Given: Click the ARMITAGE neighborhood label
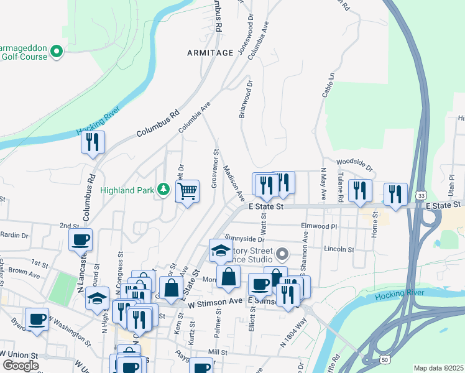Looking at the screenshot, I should [x=209, y=53].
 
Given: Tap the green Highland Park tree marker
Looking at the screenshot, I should [x=163, y=188].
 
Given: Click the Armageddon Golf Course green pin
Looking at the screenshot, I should [x=57, y=51].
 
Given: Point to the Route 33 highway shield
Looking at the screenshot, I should [x=422, y=195].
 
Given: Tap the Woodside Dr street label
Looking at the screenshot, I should [x=354, y=165].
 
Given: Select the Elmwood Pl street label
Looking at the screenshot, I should [x=318, y=227].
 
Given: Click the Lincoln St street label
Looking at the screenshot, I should [x=339, y=249].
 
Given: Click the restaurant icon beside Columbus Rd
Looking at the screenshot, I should [x=93, y=142].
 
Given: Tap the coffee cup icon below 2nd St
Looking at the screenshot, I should [x=81, y=240].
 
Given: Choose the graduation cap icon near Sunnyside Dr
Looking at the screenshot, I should [x=221, y=251].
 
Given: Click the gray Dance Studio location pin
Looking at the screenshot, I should [x=283, y=254].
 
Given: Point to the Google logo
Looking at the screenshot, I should [x=21, y=366].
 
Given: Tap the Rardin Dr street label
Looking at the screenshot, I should [x=16, y=236].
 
